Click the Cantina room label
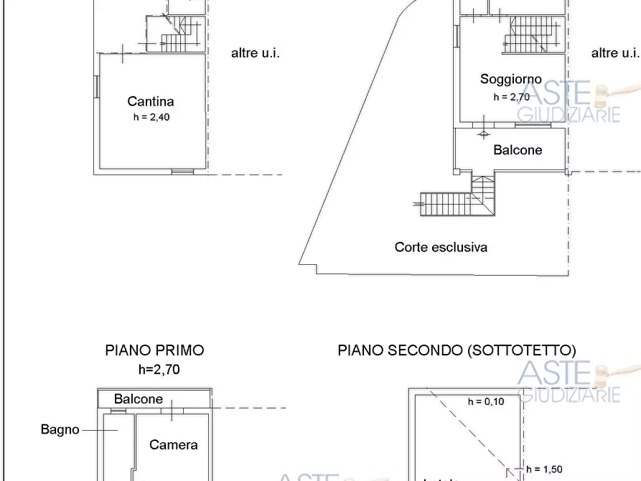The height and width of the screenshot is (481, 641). [x=151, y=102]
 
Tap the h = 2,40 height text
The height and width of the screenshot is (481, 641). [x=151, y=118]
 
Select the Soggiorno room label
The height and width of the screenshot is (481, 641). [x=511, y=79]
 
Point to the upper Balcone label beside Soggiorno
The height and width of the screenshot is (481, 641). [x=518, y=150]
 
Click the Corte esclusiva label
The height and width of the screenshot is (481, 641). [x=441, y=247]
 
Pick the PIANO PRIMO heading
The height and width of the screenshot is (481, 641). [x=154, y=350]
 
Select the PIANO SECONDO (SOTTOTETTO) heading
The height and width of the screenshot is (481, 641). [x=457, y=350]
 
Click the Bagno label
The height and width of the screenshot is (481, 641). [x=60, y=430]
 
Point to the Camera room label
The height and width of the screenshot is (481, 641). [x=174, y=445]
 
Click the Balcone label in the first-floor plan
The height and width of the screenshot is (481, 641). [x=139, y=399]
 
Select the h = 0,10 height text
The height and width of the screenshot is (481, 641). [x=486, y=402]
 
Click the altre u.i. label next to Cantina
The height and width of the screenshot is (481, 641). [x=255, y=52]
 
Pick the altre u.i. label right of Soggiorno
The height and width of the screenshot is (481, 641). [x=615, y=52]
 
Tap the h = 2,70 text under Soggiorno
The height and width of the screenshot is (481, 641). [x=511, y=97]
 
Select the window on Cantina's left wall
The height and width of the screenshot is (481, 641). [x=96, y=86]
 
